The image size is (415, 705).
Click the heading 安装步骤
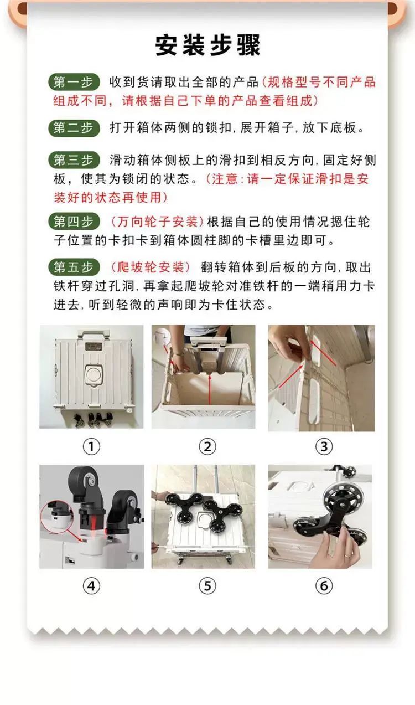pyautogui.click(x=207, y=45)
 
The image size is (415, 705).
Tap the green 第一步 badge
pyautogui.click(x=74, y=82)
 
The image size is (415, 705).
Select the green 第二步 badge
pyautogui.click(x=74, y=128)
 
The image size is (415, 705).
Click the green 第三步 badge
pyautogui.click(x=74, y=160)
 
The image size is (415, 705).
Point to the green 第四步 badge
pyautogui.click(x=74, y=222)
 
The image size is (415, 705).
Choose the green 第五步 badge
pyautogui.click(x=74, y=267)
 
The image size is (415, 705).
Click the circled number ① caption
pyautogui.click(x=91, y=446)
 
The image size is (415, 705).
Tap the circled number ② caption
pyautogui.click(x=207, y=446)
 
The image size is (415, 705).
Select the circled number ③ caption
pyautogui.click(x=324, y=446)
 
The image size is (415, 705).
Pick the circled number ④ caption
pyautogui.click(x=91, y=586)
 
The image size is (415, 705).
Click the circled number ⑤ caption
pyautogui.click(x=207, y=586)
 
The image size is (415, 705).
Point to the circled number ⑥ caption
pyautogui.click(x=324, y=586)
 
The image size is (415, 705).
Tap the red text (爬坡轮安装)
pyautogui.click(x=151, y=267)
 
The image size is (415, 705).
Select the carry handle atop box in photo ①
pyautogui.click(x=94, y=334)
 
